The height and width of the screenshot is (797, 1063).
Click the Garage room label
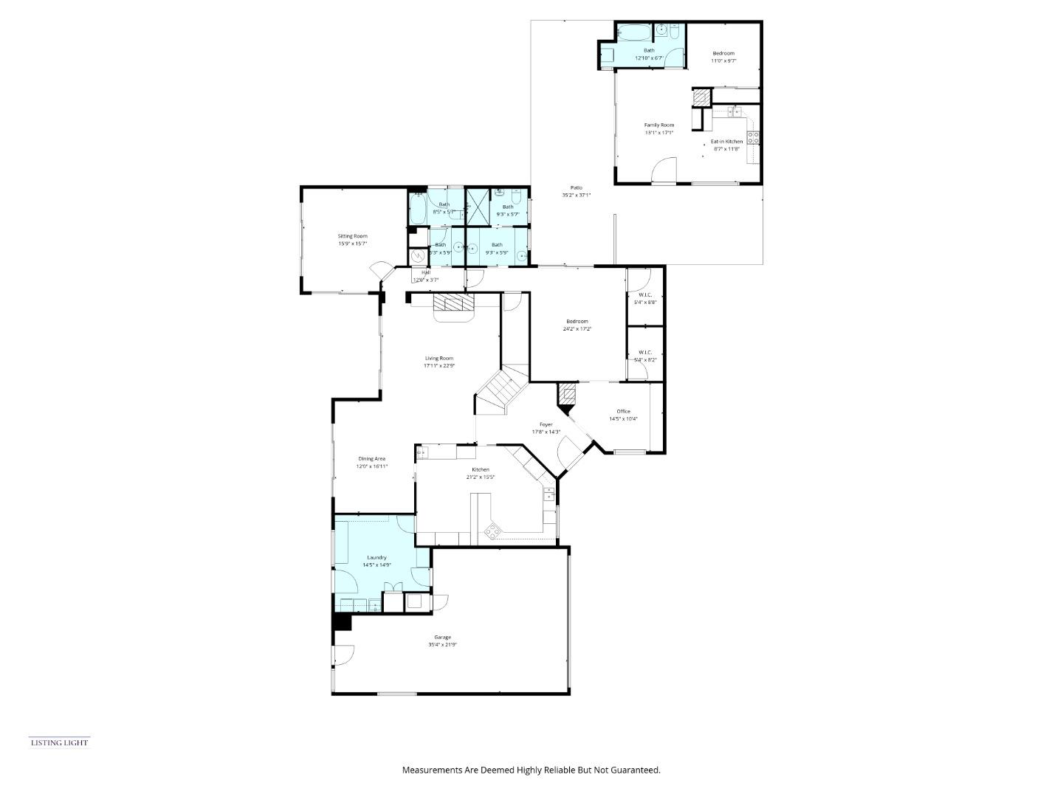(x=442, y=637)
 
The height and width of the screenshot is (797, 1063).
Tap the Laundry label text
(x=376, y=557)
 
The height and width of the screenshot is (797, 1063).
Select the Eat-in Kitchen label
(x=726, y=141)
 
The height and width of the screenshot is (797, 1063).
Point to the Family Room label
(x=658, y=125)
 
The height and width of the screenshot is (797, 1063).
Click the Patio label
(x=576, y=187)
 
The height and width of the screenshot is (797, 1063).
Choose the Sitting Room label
(x=352, y=236)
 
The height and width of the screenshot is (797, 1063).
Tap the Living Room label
(x=438, y=358)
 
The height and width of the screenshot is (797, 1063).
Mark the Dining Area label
(x=371, y=458)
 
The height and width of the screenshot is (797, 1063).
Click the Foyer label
(x=546, y=424)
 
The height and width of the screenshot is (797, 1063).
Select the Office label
(x=623, y=411)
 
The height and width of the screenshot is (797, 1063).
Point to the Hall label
(x=426, y=272)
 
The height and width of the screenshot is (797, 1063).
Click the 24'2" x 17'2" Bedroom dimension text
(x=577, y=328)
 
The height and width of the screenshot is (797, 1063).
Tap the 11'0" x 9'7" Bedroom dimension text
(x=723, y=61)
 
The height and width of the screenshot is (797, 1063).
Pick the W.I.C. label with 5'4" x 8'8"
(x=644, y=294)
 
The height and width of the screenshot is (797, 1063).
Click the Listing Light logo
(x=59, y=742)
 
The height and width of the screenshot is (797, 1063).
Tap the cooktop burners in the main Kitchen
(x=492, y=530)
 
